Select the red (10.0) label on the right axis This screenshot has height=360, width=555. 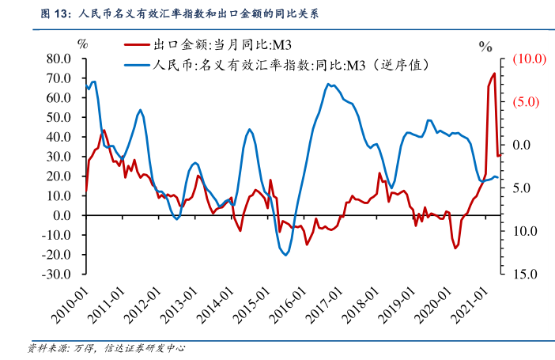(526, 59)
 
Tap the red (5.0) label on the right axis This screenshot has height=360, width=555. (526, 102)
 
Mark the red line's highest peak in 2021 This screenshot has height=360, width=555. (495, 74)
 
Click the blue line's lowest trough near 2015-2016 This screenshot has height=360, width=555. (286, 254)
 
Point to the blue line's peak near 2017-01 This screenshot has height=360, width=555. (327, 84)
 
